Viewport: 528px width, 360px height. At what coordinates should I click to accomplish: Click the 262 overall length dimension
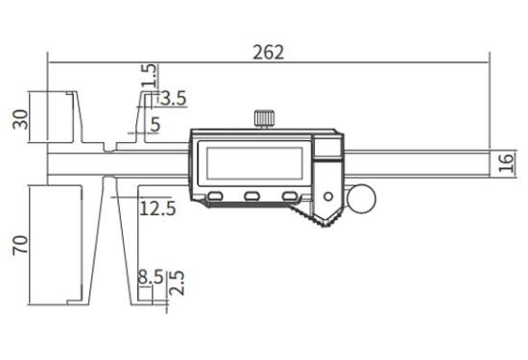click(x=268, y=52)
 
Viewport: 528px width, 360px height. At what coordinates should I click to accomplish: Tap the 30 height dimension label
click(x=20, y=119)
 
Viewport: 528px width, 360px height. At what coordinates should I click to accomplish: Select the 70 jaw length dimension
click(x=20, y=245)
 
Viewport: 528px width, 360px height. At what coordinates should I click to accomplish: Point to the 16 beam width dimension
click(x=507, y=162)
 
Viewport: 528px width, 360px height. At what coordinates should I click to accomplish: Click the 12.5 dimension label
click(x=157, y=208)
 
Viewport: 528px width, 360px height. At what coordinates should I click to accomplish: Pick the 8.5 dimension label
click(x=151, y=277)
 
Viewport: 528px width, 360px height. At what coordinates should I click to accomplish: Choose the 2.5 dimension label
click(x=177, y=283)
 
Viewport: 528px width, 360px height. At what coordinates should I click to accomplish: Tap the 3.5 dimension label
click(x=173, y=99)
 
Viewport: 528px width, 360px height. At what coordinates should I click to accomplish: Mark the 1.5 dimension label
click(x=149, y=76)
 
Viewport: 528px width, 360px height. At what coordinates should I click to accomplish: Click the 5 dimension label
click(x=155, y=125)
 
